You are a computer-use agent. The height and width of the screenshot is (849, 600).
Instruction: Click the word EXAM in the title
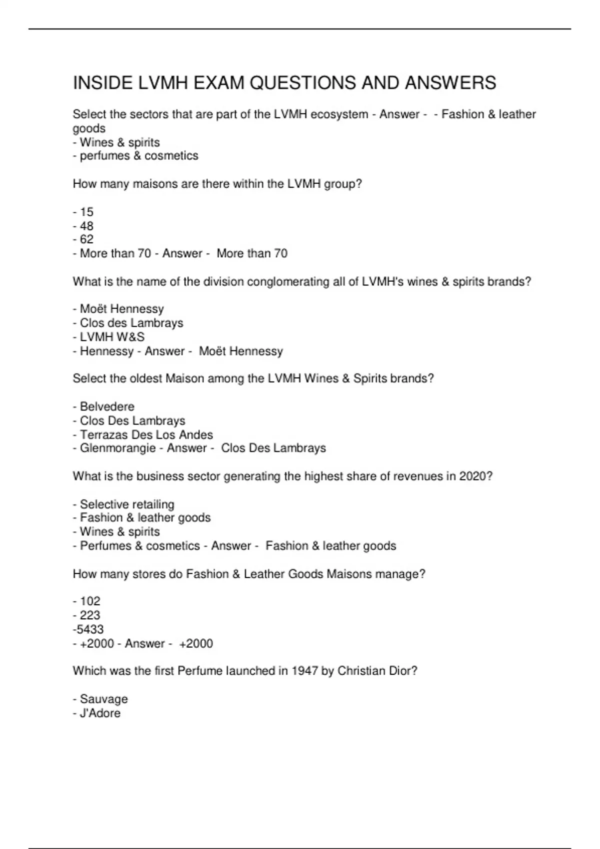[x=219, y=83]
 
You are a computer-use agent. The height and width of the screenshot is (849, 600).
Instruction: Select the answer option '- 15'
[x=83, y=212]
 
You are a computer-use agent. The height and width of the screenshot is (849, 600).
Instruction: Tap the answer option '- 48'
[x=83, y=226]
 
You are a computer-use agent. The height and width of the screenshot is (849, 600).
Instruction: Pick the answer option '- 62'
[x=83, y=240]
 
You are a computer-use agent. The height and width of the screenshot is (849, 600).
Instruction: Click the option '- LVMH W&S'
[x=109, y=337]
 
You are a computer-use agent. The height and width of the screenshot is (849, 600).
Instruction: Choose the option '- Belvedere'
[x=104, y=407]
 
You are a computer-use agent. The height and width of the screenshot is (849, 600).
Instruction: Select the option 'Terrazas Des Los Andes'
[x=146, y=435]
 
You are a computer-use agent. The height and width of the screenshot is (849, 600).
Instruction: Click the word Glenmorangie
[x=118, y=448]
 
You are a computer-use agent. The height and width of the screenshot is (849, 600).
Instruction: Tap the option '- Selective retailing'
[x=124, y=504]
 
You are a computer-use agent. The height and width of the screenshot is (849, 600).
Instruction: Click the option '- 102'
[x=87, y=601]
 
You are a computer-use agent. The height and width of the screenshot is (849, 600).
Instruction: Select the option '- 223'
[x=87, y=615]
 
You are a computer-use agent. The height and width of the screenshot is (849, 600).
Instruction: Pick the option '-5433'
[x=88, y=629]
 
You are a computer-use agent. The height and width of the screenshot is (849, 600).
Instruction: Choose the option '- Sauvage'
[x=100, y=699]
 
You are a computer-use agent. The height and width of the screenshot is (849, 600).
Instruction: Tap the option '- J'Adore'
[x=97, y=713]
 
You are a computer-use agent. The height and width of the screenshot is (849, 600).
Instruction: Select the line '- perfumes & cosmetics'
[x=136, y=156]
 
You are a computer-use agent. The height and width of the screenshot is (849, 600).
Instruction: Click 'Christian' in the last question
[x=361, y=671]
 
